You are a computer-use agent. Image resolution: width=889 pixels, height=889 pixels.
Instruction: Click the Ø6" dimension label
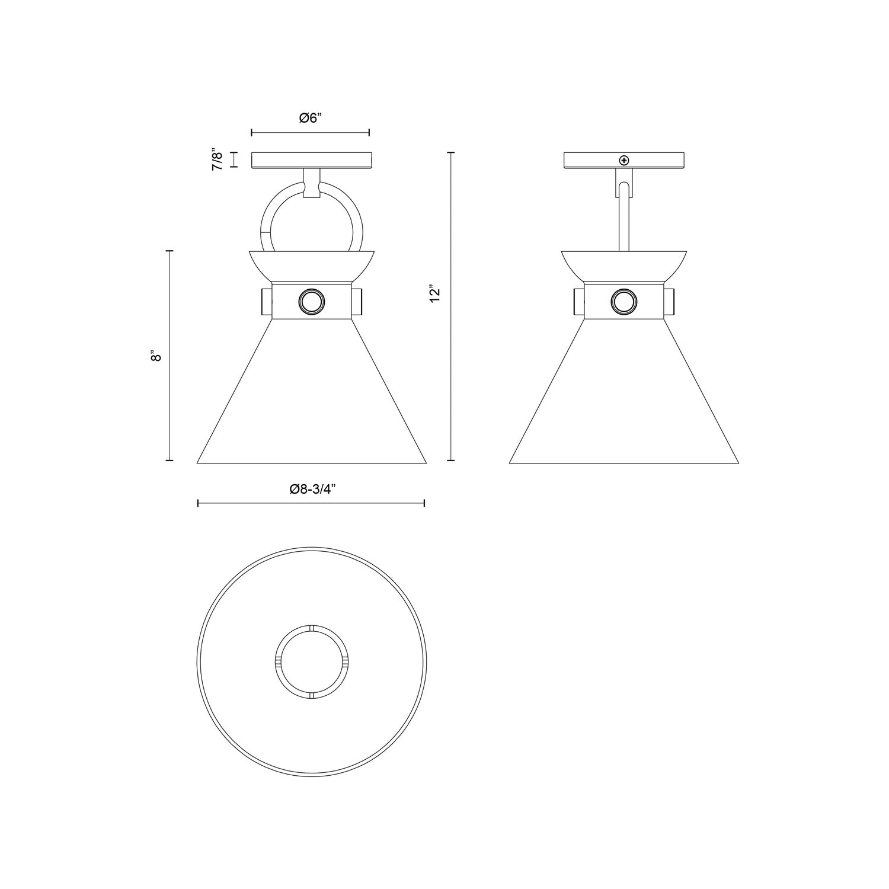click(310, 118)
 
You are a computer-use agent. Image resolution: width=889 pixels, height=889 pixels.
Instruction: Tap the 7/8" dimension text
click(218, 160)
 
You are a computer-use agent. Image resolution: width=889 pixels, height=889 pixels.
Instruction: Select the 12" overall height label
click(436, 295)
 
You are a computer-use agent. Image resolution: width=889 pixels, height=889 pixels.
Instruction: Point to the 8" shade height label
click(156, 356)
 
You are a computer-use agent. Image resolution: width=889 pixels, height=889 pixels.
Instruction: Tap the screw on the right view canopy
click(623, 160)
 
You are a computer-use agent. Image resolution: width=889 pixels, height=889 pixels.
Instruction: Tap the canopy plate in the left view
click(312, 160)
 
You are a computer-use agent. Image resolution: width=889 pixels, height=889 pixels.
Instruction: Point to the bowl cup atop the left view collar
click(312, 264)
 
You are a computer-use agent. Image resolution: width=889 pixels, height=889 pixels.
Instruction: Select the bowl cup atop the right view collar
click(623, 264)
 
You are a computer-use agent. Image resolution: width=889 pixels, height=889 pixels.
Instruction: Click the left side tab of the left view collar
click(266, 302)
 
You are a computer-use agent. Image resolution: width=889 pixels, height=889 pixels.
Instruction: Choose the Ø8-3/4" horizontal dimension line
click(311, 503)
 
